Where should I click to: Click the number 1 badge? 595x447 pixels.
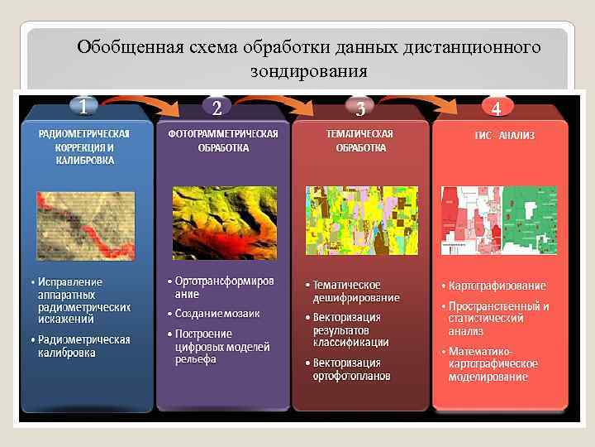pos(83,105)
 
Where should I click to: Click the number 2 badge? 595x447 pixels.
pos(217,108)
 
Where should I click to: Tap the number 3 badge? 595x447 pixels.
pos(360,108)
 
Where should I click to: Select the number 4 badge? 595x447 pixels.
pos(496,108)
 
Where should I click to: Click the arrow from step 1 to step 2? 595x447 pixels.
pos(149,101)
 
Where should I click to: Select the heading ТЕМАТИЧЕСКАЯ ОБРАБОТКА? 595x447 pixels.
pos(360,141)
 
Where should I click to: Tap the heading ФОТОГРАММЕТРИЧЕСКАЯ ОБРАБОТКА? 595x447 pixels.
pos(223,141)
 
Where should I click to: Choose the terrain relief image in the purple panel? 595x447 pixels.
pos(223,222)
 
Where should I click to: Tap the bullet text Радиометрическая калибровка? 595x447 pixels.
pos(83,346)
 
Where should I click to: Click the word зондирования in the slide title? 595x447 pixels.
pos(308,71)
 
